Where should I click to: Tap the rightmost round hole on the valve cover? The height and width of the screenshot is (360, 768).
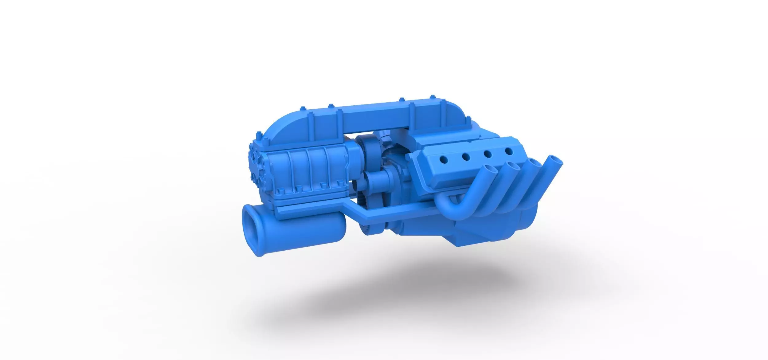tap(509, 151)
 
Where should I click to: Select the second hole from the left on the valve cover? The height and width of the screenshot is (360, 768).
tap(466, 157)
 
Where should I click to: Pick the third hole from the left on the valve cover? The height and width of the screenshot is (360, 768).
tap(488, 154)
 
